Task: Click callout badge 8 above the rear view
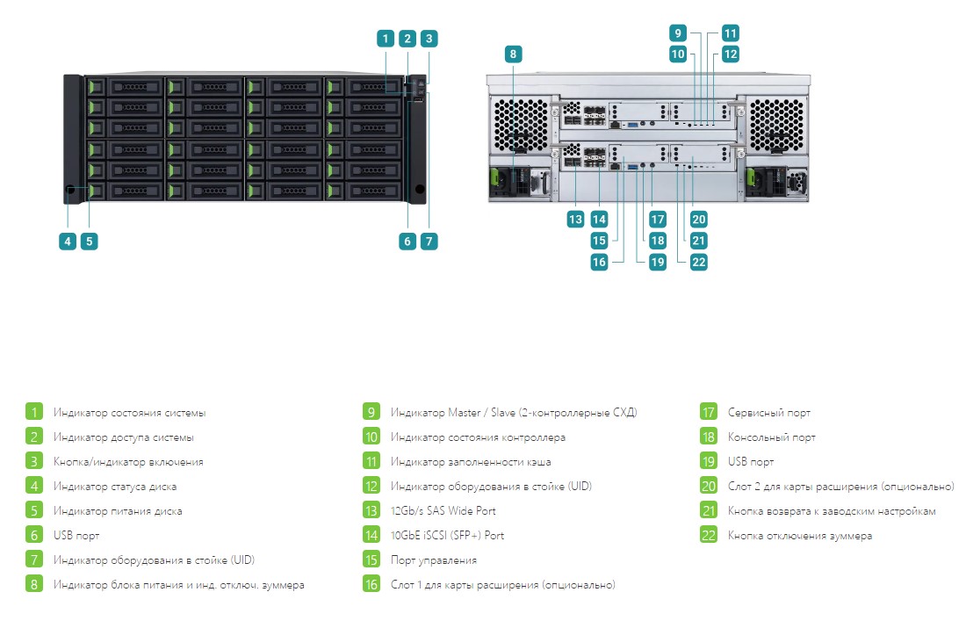tap(513, 54)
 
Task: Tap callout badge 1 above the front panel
tap(386, 39)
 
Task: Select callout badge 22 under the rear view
tap(699, 262)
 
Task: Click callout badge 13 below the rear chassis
tap(575, 220)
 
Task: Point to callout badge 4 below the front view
tap(68, 242)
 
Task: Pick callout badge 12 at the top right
tap(730, 54)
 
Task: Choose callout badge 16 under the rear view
tap(599, 262)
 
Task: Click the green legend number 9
tap(371, 412)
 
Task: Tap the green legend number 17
tap(709, 412)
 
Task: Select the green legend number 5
tap(34, 510)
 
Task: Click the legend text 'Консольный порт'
tap(771, 437)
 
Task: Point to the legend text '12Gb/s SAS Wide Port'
tap(443, 510)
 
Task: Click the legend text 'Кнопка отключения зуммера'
tap(800, 536)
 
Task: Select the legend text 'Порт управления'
tap(434, 560)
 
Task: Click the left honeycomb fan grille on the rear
tap(521, 126)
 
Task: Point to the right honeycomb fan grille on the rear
tap(776, 126)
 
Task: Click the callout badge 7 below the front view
tap(429, 242)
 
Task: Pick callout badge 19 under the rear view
tap(658, 262)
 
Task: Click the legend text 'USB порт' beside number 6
tap(76, 536)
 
